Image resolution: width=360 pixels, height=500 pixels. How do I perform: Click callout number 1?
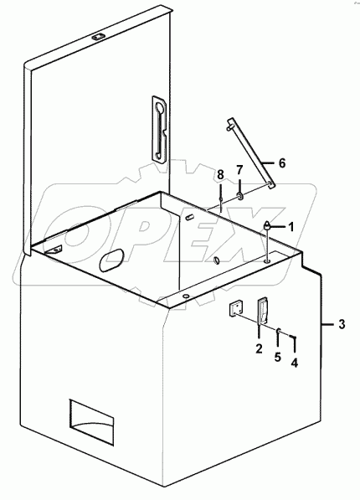(x=291, y=227)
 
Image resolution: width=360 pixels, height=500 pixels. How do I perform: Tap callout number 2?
(x=259, y=348)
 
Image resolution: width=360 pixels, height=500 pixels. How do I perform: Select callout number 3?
(x=342, y=325)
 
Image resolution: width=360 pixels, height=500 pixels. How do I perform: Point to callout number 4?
(x=295, y=363)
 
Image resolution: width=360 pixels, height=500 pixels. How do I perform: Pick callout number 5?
(x=278, y=357)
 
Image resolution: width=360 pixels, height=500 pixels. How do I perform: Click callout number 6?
(x=282, y=163)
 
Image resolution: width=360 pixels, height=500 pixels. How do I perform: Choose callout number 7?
(x=239, y=169)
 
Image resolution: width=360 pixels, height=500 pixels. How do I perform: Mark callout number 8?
(x=221, y=175)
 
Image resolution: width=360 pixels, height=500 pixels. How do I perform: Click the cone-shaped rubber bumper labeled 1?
(x=267, y=225)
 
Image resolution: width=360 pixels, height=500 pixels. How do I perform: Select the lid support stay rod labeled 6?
(x=250, y=154)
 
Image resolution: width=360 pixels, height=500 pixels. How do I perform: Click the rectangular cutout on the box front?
(x=91, y=422)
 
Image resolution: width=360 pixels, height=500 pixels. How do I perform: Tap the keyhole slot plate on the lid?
(x=159, y=128)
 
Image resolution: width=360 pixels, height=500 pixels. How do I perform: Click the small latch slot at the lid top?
(x=96, y=38)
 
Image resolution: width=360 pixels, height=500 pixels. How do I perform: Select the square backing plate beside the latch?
(x=235, y=309)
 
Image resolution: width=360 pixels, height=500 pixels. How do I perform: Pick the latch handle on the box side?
(x=263, y=311)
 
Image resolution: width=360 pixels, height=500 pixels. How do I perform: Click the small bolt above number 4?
(x=293, y=337)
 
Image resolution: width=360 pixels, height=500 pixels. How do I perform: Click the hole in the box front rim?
(x=185, y=296)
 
